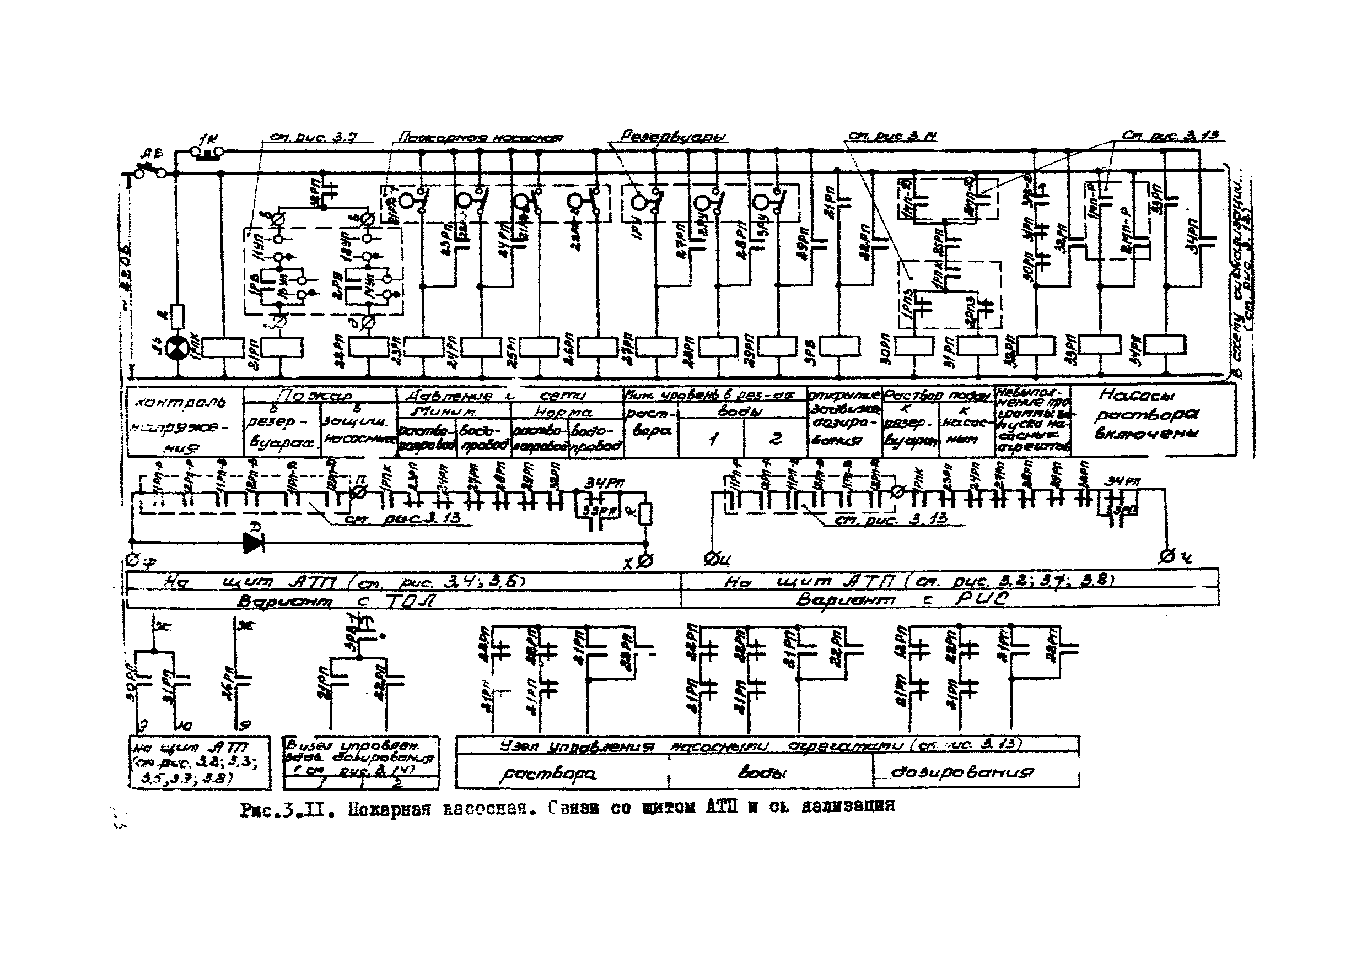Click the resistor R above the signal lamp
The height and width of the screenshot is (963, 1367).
point(177,316)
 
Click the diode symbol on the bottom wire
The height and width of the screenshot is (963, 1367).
point(253,542)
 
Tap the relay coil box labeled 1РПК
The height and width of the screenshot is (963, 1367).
point(223,348)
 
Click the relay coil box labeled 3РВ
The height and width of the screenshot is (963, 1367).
point(839,347)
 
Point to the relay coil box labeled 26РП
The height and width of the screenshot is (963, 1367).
point(598,347)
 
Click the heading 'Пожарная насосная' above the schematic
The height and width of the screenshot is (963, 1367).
point(481,138)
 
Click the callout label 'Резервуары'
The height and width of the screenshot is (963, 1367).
point(674,136)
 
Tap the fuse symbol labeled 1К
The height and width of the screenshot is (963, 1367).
point(206,152)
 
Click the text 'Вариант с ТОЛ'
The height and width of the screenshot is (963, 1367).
point(336,600)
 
